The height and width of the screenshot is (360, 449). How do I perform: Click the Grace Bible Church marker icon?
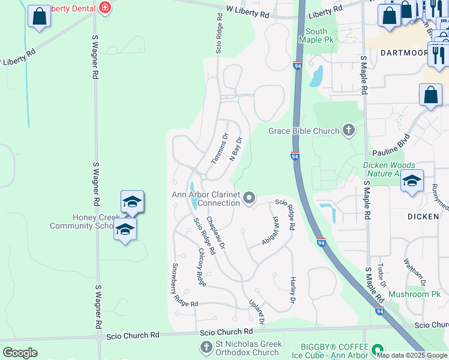coord(348,130)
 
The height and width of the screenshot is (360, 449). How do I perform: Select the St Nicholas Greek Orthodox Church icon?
coord(206,347)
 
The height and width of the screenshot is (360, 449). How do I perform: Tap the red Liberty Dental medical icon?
coord(106,8)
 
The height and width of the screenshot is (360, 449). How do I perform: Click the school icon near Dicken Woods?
coord(412,181)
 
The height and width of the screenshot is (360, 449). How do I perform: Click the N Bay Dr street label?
coord(235,149)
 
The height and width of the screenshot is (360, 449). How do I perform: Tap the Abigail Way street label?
coord(271,230)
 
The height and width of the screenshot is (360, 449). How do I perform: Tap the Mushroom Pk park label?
coord(414,294)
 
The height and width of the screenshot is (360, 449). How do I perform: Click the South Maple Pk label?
coord(316,35)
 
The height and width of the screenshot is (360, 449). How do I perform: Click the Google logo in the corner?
coord(20,353)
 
